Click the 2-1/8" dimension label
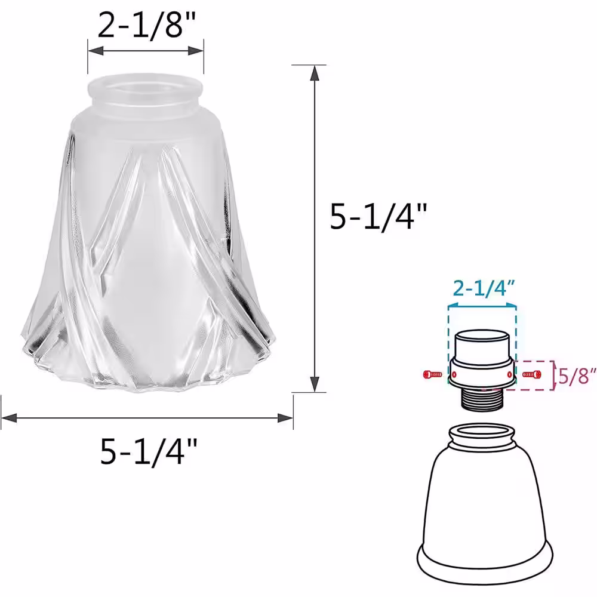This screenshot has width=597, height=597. point(147,24)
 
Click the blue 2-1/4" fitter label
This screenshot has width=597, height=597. point(484,288)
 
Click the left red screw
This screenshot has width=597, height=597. point(432,375)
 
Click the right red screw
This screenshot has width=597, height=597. point(533,375)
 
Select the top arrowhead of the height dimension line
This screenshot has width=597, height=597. point(315,73)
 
